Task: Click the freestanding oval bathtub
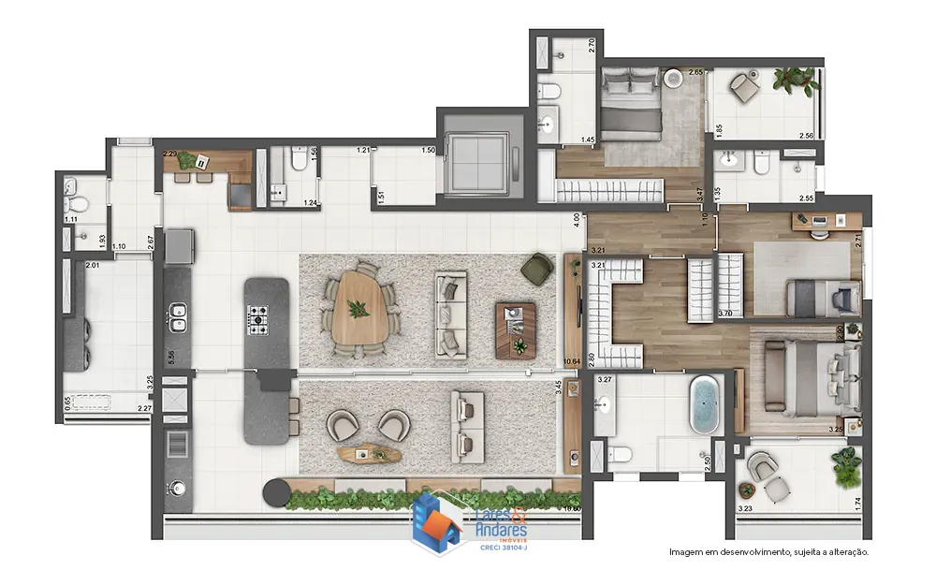pyautogui.click(x=704, y=405)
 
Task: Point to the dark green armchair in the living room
pyautogui.click(x=537, y=268)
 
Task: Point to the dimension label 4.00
pyautogui.click(x=577, y=223)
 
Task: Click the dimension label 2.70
pyautogui.click(x=592, y=44)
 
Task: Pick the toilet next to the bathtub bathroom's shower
pyautogui.click(x=619, y=455)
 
